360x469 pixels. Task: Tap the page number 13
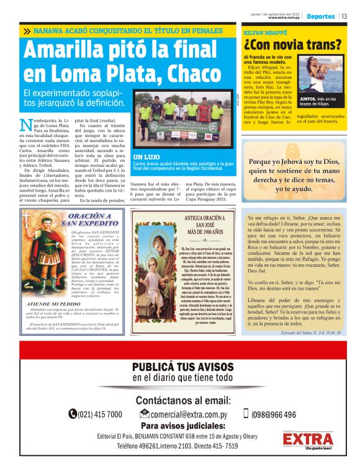pos(344,16)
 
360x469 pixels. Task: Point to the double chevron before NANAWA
pos(26,30)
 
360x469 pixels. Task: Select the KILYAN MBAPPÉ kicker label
pos(260,30)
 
